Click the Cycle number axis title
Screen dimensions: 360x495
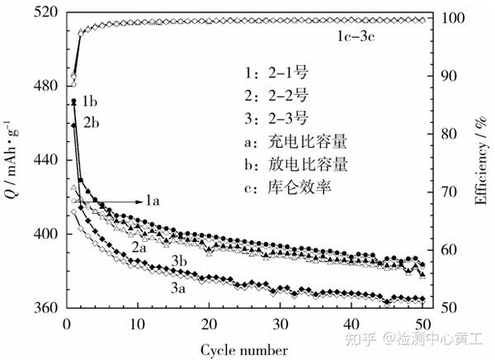click(x=245, y=349)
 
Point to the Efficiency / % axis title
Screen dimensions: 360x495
click(x=480, y=161)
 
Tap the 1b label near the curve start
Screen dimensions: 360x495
click(x=90, y=102)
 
